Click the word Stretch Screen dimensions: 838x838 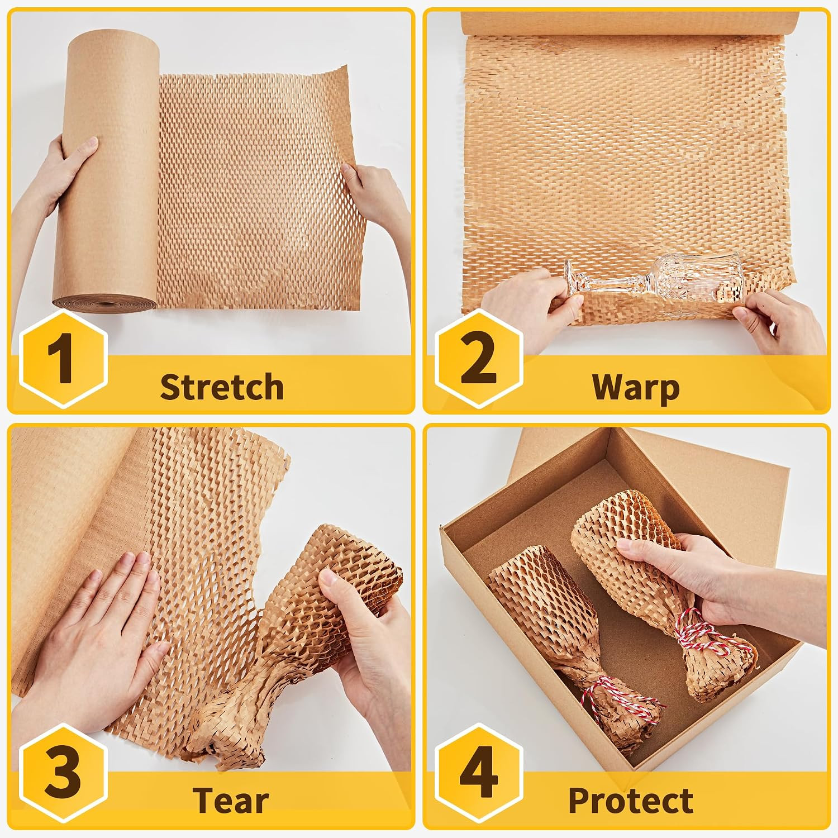pos(222,387)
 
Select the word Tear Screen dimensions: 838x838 pos(231,800)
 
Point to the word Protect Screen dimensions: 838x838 pos(631,801)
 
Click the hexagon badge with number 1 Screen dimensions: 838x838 pos(62,358)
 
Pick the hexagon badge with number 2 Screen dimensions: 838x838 pos(479,358)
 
